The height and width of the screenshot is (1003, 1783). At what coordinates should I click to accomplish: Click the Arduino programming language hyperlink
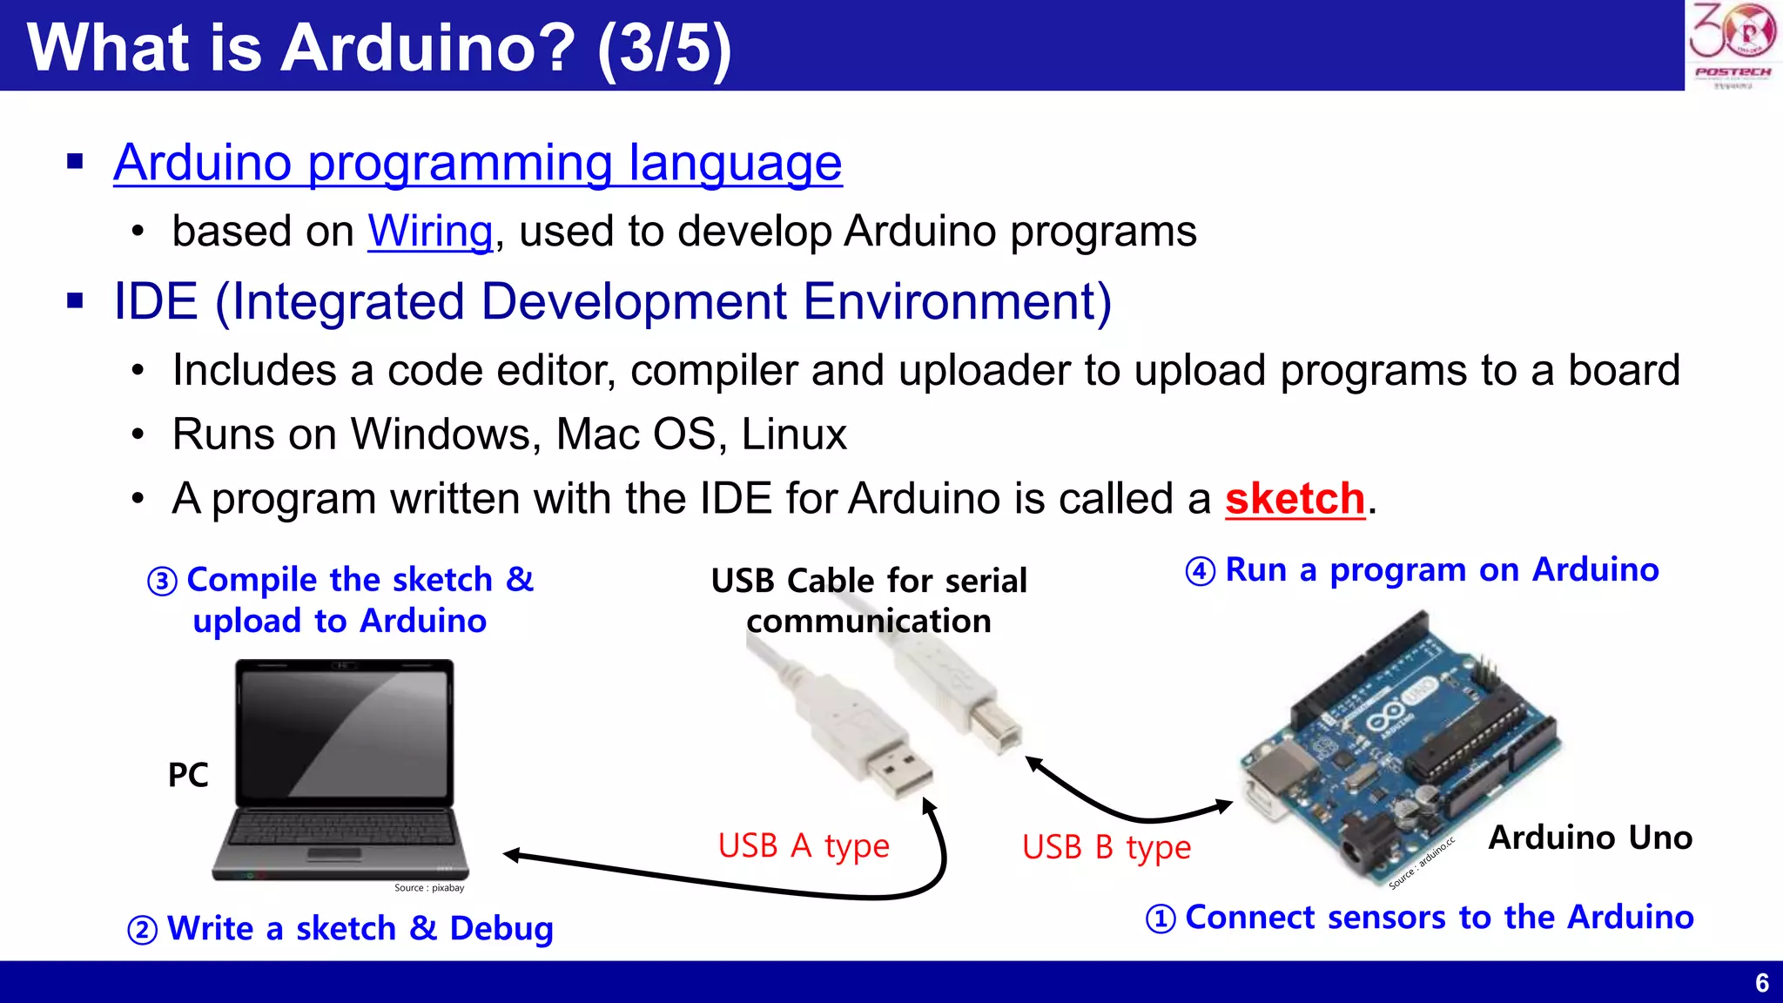click(x=477, y=163)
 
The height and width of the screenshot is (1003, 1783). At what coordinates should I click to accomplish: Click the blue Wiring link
click(x=430, y=232)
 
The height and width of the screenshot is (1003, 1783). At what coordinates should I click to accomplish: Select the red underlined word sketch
click(x=1295, y=499)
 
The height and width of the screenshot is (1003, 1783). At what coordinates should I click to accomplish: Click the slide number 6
click(x=1761, y=983)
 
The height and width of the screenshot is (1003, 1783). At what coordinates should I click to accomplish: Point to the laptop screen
click(x=345, y=732)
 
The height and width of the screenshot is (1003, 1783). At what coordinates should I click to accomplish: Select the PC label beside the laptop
click(x=188, y=775)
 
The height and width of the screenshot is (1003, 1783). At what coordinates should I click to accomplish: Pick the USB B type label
click(x=1106, y=847)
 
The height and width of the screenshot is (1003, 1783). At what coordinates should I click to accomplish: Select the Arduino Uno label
click(x=1590, y=838)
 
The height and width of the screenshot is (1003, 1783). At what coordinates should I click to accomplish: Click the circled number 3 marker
click(x=162, y=582)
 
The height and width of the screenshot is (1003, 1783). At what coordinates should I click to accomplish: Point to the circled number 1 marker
click(x=1161, y=919)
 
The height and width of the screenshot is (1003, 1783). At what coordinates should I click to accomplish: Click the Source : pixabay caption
click(x=429, y=888)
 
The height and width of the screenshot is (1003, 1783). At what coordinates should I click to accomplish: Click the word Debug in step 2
click(x=501, y=929)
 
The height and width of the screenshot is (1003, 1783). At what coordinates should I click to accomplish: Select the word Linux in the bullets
click(x=793, y=434)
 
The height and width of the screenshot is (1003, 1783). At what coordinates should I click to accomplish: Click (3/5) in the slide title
click(x=664, y=48)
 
